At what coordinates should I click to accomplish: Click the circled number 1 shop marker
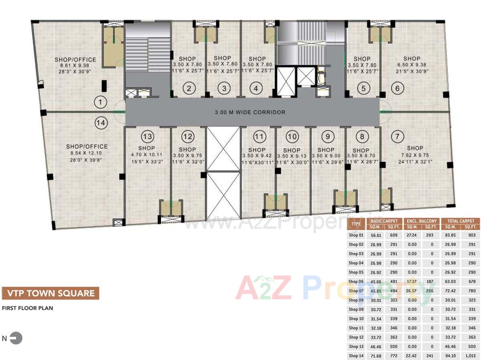coord(101,103)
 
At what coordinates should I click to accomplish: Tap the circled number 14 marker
coord(101,123)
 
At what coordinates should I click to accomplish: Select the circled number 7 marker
coord(397,137)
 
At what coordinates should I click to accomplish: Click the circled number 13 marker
coord(148,137)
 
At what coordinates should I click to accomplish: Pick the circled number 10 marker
coord(293,137)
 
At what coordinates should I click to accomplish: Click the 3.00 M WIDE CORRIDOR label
coord(250,113)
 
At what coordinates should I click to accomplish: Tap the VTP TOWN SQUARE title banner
coord(50,293)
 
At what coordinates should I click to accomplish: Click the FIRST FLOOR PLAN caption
coord(27,308)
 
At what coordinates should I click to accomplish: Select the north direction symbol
coord(16,338)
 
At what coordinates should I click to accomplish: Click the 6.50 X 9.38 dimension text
coord(412,65)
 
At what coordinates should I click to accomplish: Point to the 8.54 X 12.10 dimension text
coord(87,153)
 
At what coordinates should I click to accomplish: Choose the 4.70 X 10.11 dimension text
coord(146,155)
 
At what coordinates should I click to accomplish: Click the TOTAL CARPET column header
coord(460,221)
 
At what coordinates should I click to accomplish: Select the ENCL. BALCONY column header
coord(422,221)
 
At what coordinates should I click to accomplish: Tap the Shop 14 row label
coord(356,356)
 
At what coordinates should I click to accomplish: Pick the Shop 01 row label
coord(356,235)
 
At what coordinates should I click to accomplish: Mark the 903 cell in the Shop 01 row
coord(471,235)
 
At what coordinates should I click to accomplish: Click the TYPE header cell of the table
coord(356,224)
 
